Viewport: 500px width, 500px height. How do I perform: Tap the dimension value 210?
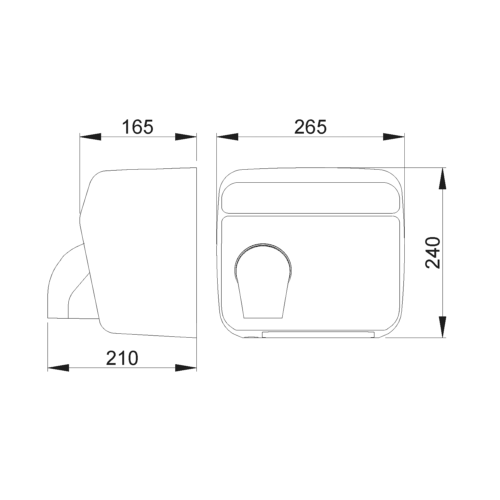[122, 358]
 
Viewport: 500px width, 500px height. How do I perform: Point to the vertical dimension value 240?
[433, 253]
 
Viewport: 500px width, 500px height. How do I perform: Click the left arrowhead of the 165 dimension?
[90, 137]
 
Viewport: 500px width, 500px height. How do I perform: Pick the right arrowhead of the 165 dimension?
[186, 137]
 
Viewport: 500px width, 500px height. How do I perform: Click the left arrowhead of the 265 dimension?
[227, 137]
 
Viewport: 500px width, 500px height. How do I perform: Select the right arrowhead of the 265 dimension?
[394, 137]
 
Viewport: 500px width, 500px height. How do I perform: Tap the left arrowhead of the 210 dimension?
[58, 368]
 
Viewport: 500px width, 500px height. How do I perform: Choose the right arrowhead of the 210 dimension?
[186, 368]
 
